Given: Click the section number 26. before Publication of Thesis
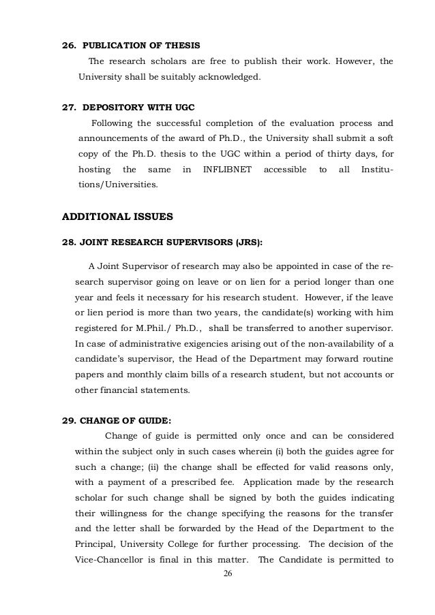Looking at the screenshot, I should (x=69, y=46).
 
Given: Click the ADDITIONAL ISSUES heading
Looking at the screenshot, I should (x=118, y=218).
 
